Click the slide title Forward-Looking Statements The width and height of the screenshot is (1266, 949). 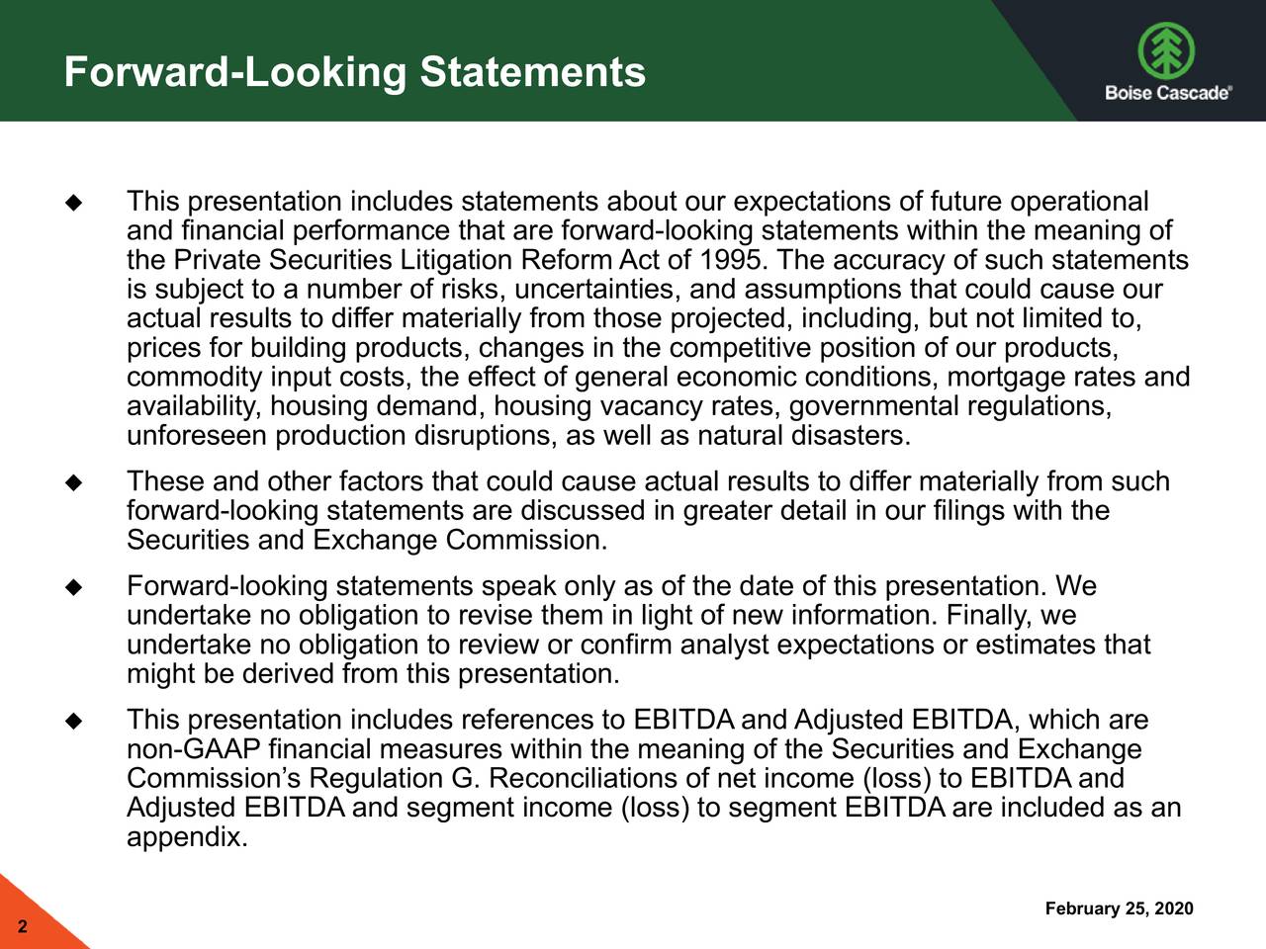click(x=354, y=72)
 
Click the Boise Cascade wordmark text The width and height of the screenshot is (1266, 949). click(x=1167, y=93)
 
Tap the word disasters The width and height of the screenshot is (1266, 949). click(x=849, y=436)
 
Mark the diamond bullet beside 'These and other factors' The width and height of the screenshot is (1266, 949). click(x=72, y=483)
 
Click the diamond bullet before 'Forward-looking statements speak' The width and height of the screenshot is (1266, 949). click(x=72, y=588)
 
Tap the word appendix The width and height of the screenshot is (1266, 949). click(x=187, y=838)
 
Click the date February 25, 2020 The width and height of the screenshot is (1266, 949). click(x=1119, y=909)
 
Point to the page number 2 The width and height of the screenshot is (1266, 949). click(x=22, y=928)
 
